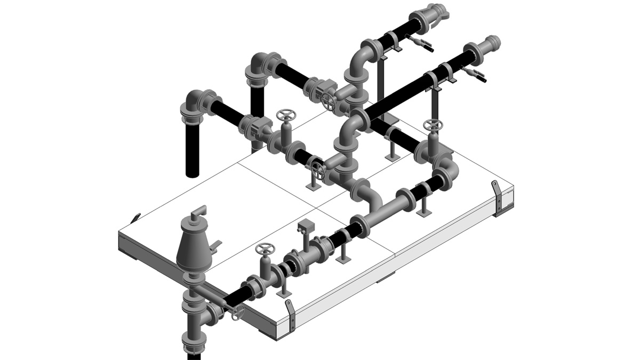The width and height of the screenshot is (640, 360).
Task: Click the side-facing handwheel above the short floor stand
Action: (x=318, y=170)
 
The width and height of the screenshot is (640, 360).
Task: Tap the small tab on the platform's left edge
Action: (x=136, y=217)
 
